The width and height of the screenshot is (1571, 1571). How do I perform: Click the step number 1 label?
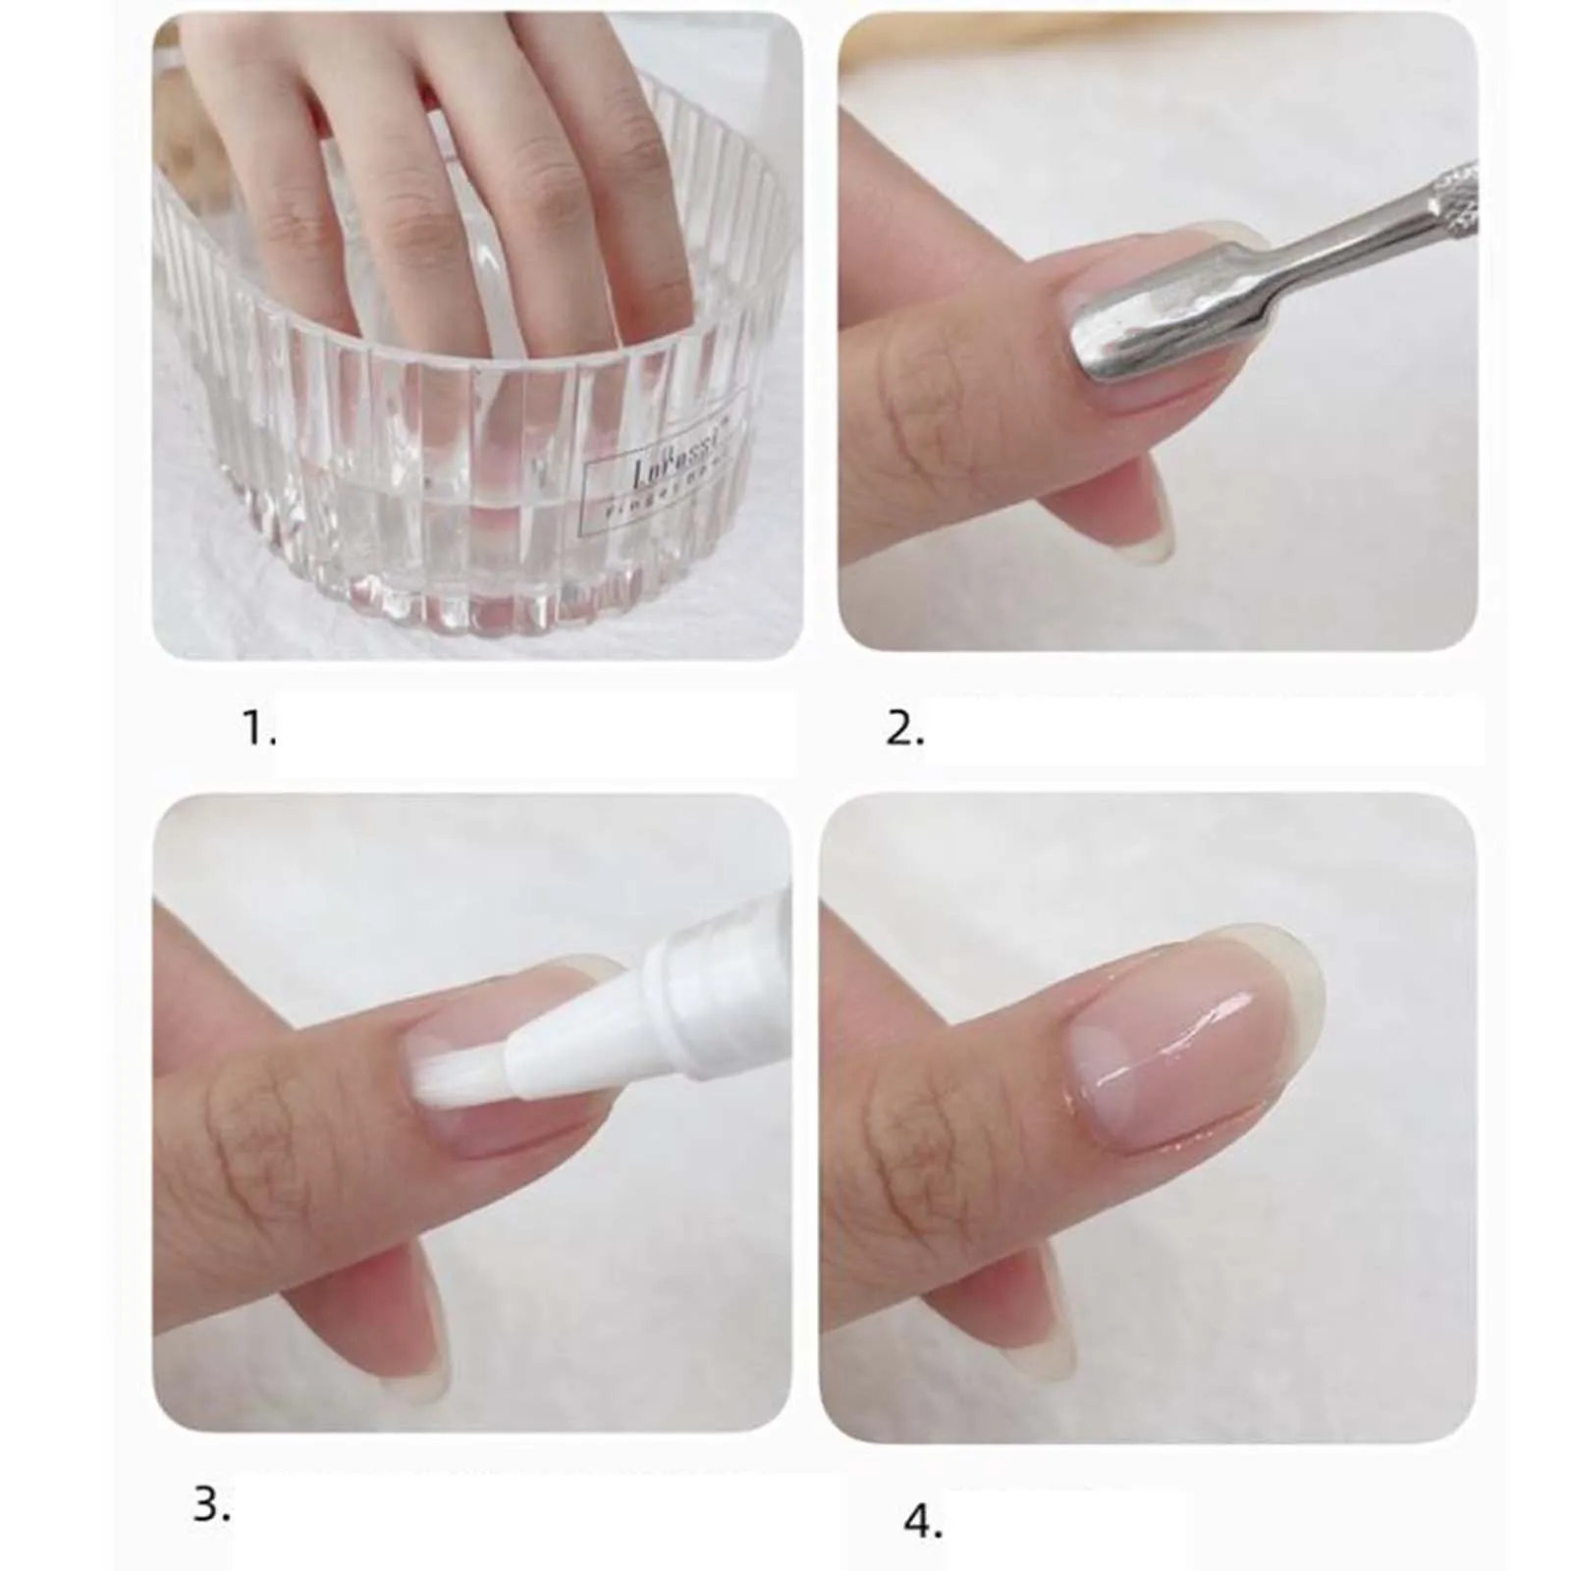[x=259, y=730]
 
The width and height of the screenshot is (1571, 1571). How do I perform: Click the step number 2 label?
[x=904, y=730]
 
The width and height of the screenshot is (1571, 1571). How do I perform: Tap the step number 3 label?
[x=211, y=1503]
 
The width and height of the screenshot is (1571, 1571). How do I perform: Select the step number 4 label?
[x=923, y=1523]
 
